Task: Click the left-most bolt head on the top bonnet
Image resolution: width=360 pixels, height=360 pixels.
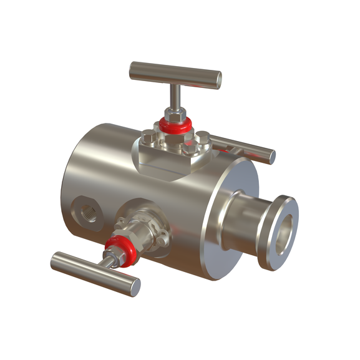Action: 148,135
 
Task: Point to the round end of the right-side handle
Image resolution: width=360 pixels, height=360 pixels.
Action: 270,156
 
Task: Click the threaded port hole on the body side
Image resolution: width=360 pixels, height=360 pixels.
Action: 85,211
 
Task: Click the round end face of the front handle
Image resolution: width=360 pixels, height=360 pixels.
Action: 133,287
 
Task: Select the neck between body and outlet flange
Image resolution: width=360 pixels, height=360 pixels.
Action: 246,225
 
